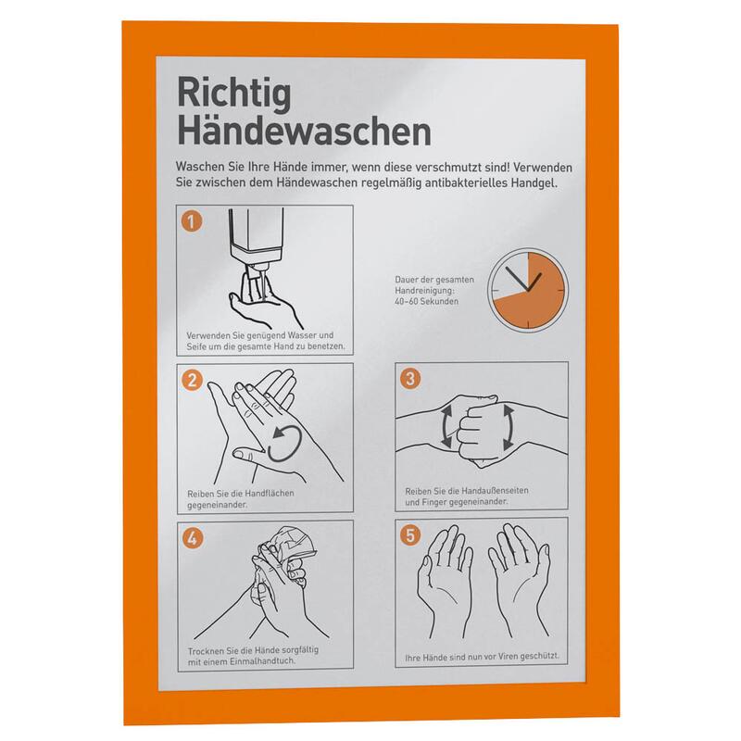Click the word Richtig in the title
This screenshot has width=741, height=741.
click(x=234, y=94)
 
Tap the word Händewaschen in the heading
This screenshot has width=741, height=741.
click(x=304, y=132)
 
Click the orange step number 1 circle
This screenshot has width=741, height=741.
click(x=192, y=221)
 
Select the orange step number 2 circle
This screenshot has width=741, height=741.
click(x=192, y=381)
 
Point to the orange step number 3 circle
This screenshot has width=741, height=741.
click(x=409, y=379)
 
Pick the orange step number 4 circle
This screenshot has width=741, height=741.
click(x=193, y=538)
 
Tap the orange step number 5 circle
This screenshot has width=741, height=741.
click(x=410, y=535)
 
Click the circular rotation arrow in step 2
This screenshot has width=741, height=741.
click(x=285, y=443)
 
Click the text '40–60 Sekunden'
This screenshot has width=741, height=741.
click(x=426, y=302)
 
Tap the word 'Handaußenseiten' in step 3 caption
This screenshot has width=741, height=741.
click(x=495, y=491)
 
